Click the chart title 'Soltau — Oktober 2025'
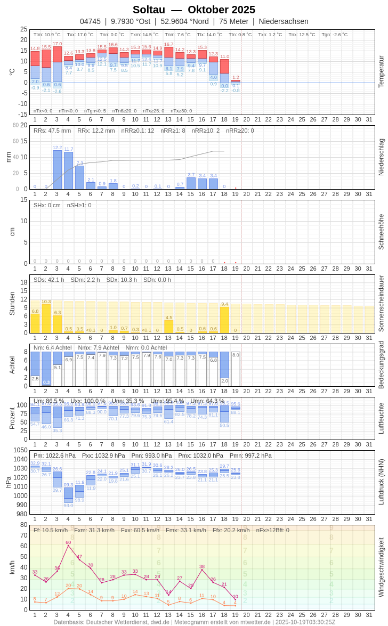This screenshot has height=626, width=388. tap(194, 10)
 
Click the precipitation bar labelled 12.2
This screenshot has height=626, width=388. tap(57, 170)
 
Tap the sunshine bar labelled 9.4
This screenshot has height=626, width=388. tap(224, 320)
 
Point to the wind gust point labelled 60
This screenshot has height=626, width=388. tap(68, 546)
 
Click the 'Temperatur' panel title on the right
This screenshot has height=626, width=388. tap(381, 72)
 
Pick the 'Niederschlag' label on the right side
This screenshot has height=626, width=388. tap(381, 157)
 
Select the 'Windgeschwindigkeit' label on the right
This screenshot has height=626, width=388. tap(381, 567)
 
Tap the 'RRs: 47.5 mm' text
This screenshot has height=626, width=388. tap(52, 131)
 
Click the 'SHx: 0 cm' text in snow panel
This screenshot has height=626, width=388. tap(47, 205)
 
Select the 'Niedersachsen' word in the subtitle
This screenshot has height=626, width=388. tap(284, 21)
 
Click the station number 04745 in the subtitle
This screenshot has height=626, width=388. tap(90, 21)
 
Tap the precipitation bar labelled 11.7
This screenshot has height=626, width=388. tap(68, 170)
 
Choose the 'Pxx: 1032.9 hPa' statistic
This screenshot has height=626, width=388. tap(103, 456)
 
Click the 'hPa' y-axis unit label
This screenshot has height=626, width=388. tap(8, 482)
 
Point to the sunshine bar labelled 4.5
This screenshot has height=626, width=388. tap(168, 327)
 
